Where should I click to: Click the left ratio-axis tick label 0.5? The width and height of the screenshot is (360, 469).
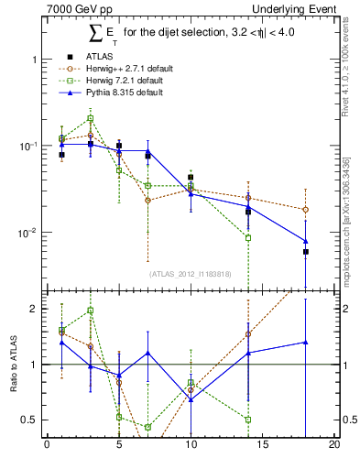click(x=30, y=420)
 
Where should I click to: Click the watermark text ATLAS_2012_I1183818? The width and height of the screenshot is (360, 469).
click(x=191, y=273)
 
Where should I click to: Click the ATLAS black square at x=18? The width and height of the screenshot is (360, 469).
click(x=305, y=252)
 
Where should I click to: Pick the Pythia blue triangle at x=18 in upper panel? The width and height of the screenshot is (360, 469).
click(x=305, y=241)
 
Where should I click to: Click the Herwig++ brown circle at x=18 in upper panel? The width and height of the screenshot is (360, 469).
click(x=305, y=210)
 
